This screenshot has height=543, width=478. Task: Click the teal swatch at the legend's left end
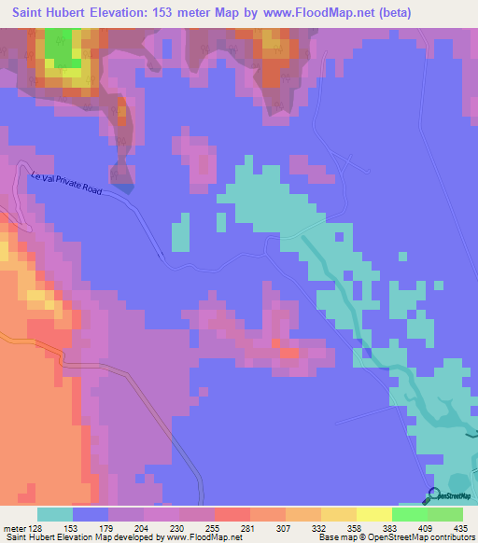pyautogui.click(x=55, y=514)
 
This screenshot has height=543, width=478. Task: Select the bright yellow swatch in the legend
pyautogui.click(x=374, y=514)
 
